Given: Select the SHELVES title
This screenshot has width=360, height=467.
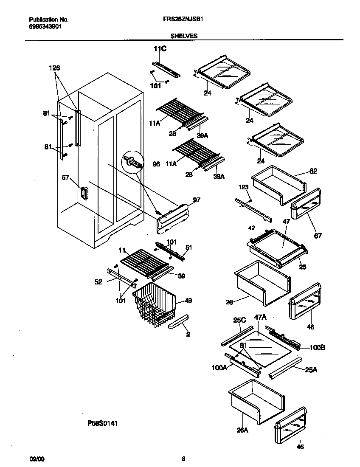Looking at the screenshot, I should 184,37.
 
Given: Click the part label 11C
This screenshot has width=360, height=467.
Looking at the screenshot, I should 160,50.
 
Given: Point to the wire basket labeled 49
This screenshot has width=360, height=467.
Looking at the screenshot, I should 155,305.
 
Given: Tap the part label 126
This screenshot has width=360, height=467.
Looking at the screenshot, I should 54,68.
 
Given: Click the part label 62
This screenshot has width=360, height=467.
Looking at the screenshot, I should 313,171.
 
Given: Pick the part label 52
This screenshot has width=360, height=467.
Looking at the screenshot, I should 98,281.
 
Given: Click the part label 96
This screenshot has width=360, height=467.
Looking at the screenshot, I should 156,164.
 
